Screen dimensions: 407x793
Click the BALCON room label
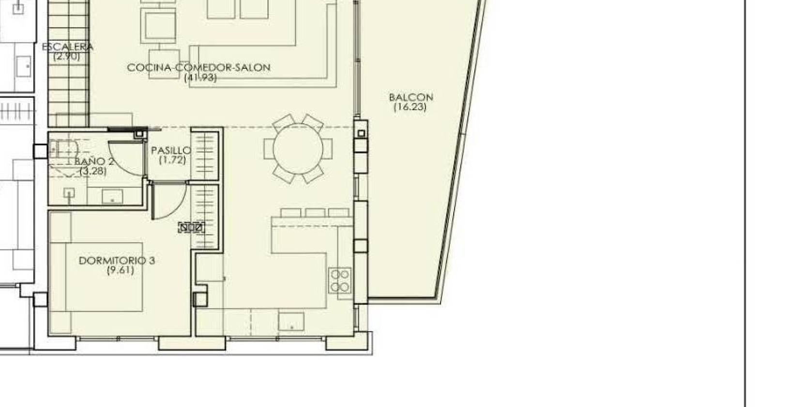point(411,97)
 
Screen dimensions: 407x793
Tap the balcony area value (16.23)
point(410,107)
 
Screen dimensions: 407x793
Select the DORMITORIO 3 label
point(117,261)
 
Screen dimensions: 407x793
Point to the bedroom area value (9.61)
point(120,270)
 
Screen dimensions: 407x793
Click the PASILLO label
point(171,151)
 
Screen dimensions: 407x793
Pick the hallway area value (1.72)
point(172,160)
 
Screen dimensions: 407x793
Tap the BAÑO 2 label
point(94,161)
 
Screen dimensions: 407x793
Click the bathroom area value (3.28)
point(93,171)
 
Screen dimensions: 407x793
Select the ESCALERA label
point(67,47)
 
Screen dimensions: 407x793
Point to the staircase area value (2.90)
point(67,56)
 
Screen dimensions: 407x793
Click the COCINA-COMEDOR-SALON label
point(198,68)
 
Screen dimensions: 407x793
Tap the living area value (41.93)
point(200,78)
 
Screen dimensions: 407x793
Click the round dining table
point(298,149)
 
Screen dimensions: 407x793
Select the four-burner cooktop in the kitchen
point(340,281)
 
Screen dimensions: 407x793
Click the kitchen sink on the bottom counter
point(291,321)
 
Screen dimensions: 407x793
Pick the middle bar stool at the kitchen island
point(315,213)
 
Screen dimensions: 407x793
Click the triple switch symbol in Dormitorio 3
point(191,227)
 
